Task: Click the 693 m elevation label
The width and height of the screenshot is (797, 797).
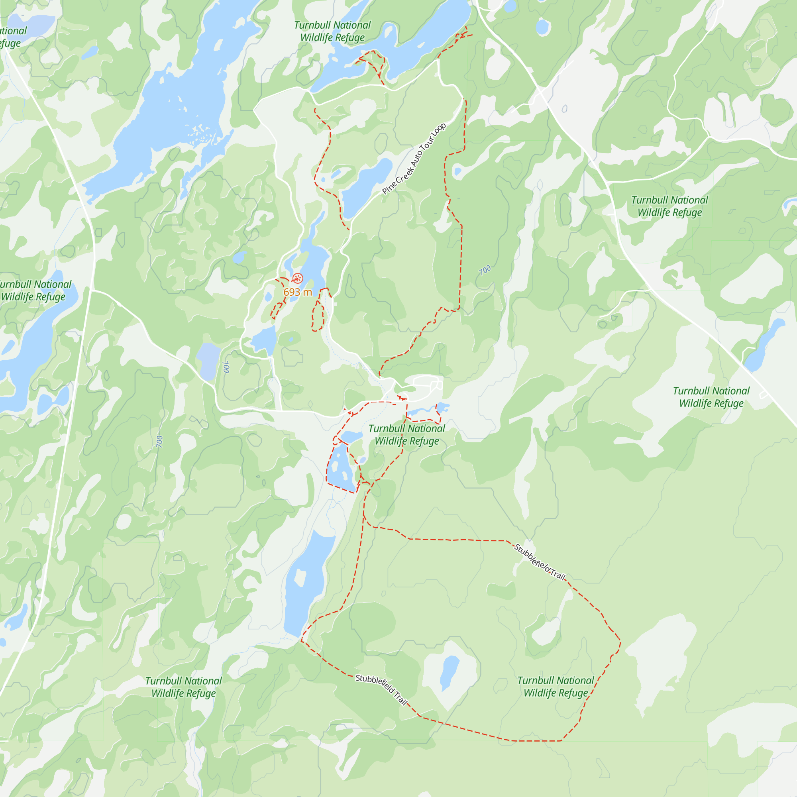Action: tap(297, 292)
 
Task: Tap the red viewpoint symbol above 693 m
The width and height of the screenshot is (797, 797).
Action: tap(298, 279)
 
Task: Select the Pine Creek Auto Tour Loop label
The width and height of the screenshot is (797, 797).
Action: tap(414, 159)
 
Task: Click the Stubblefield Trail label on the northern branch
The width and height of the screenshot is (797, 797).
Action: tap(540, 562)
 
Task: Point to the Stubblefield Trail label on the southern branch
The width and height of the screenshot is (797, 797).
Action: tap(382, 690)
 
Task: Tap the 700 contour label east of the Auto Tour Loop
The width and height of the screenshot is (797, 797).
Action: tap(485, 270)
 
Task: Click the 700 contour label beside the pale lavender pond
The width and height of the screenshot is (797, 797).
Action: tap(226, 367)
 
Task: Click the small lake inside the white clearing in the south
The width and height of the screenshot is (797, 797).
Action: tap(449, 672)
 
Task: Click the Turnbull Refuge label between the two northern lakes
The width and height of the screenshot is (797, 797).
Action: tap(332, 31)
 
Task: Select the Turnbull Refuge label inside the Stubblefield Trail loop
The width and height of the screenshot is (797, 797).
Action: tap(556, 687)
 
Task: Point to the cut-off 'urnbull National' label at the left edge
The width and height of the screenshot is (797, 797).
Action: tap(35, 291)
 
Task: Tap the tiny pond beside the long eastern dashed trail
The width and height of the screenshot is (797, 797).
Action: tap(457, 171)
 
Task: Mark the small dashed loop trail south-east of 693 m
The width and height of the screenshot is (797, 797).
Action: tap(318, 316)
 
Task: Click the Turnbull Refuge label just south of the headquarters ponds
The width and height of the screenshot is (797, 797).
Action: tap(407, 435)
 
